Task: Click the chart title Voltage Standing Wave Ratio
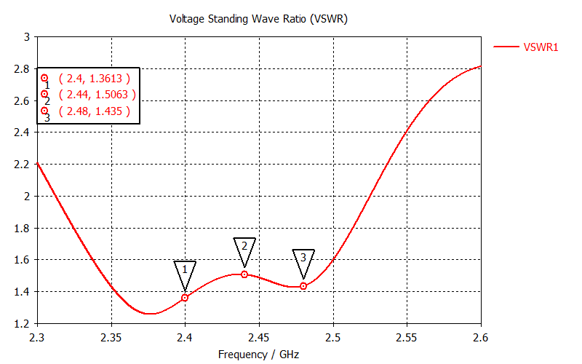tap(258, 19)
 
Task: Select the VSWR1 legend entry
tap(541, 47)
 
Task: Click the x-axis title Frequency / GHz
tap(258, 355)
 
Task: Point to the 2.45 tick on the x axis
tap(258, 338)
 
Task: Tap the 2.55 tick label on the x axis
tap(407, 338)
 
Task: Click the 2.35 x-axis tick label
tap(111, 338)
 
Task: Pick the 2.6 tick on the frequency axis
tap(480, 338)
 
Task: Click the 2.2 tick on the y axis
tap(23, 165)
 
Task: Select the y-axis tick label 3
tap(27, 37)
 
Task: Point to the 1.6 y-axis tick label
tap(23, 260)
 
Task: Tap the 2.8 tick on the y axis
tap(23, 69)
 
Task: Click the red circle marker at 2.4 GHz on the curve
tap(185, 298)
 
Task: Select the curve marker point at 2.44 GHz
tap(244, 274)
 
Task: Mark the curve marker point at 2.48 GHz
tap(303, 286)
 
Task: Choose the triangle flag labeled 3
tap(303, 258)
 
